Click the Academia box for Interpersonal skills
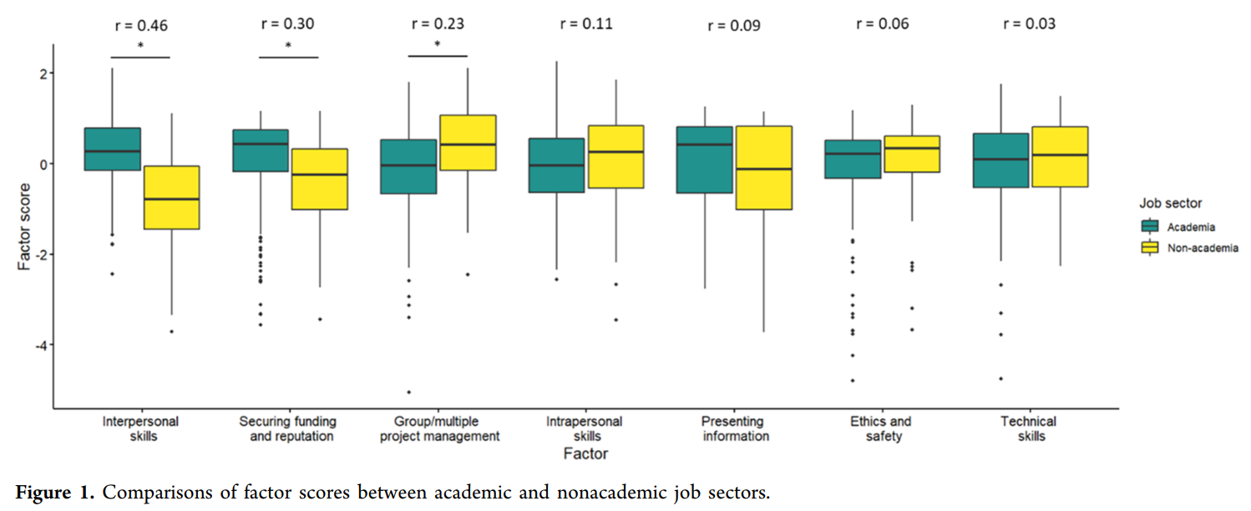112,149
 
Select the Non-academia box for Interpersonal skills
170,197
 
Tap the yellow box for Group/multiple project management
467,143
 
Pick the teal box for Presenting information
704,159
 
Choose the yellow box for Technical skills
1060,157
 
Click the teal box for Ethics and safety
852,159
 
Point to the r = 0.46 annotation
140,25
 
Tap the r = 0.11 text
586,23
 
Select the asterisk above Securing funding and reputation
289,46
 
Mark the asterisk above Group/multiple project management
438,46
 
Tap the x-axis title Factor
585,454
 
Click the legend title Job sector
1172,203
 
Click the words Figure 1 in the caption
53,493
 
